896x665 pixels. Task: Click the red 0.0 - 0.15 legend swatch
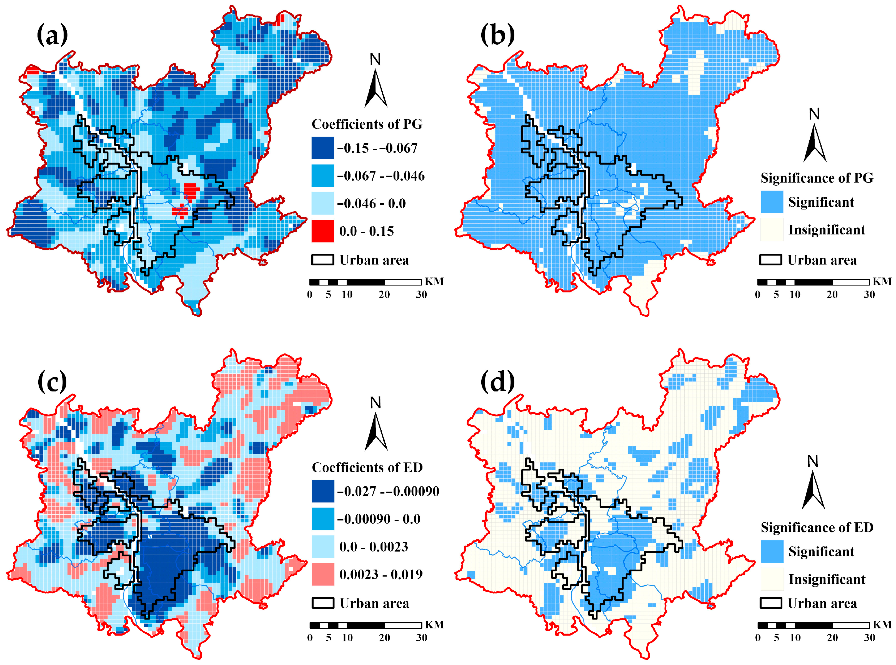coord(322,231)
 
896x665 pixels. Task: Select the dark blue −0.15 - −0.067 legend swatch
coord(322,148)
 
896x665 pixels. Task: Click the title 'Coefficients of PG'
coord(367,124)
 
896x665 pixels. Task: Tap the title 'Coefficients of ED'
coord(367,467)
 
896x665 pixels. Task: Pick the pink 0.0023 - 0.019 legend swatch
coord(322,574)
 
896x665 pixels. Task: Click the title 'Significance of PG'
coord(817,178)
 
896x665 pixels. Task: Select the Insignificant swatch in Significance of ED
coord(772,579)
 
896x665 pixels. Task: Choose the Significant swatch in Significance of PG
coord(772,202)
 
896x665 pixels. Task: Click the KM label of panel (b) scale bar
coord(882,281)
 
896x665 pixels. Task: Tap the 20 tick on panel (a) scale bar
coord(384,295)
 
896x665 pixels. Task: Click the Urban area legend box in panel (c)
coord(322,603)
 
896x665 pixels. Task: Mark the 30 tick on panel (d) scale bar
coord(869,638)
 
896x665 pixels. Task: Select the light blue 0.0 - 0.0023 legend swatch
coord(322,546)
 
